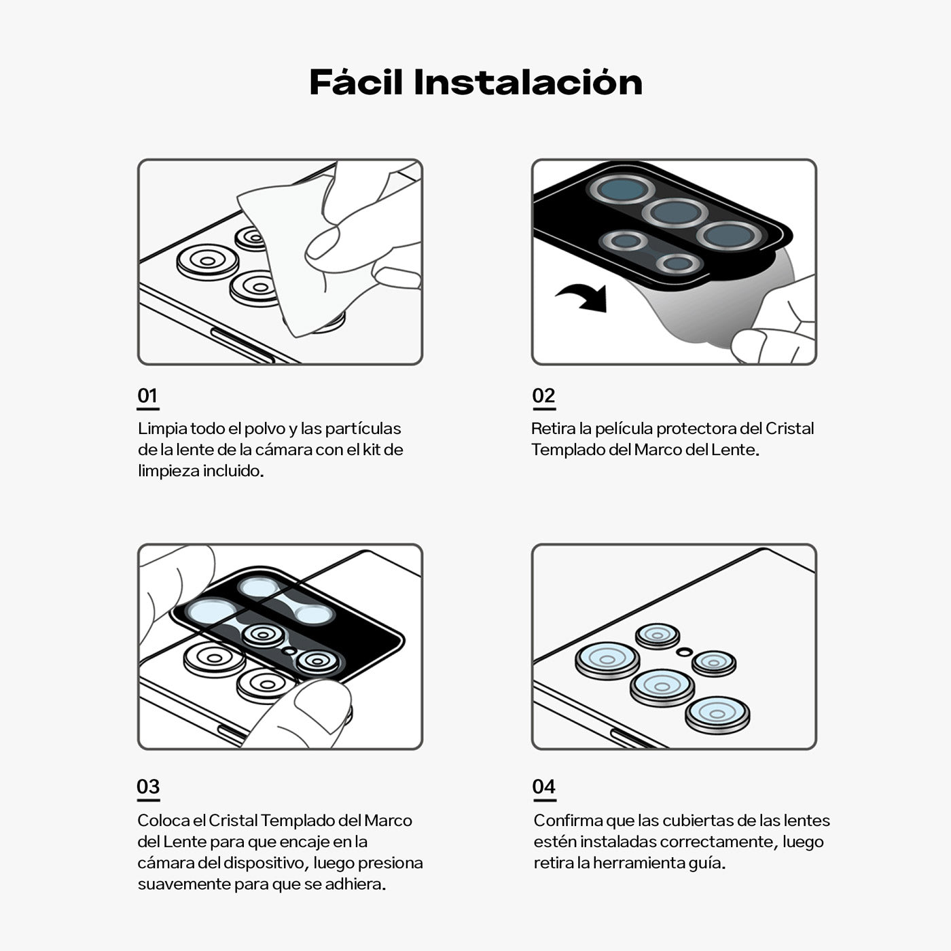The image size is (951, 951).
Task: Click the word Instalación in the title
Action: [x=528, y=82]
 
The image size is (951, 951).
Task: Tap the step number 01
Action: [x=147, y=396]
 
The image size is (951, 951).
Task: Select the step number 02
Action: [x=543, y=396]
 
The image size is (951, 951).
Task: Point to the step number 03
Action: [x=148, y=787]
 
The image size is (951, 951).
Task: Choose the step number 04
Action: [x=543, y=787]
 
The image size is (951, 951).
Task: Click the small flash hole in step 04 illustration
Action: [x=684, y=652]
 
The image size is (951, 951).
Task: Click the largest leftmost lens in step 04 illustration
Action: [x=607, y=660]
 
